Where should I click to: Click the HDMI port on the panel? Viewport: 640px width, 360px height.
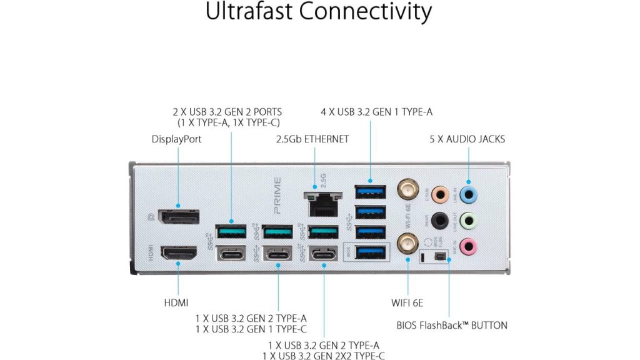tap(179, 254)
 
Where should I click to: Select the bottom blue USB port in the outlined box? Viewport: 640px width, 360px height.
tap(370, 252)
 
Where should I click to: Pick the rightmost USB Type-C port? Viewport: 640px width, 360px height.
tap(324, 254)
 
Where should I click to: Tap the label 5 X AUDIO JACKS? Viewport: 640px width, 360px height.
tap(467, 139)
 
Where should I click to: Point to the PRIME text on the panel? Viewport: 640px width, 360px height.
tap(277, 196)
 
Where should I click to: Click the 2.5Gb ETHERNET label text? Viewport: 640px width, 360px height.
tap(312, 139)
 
